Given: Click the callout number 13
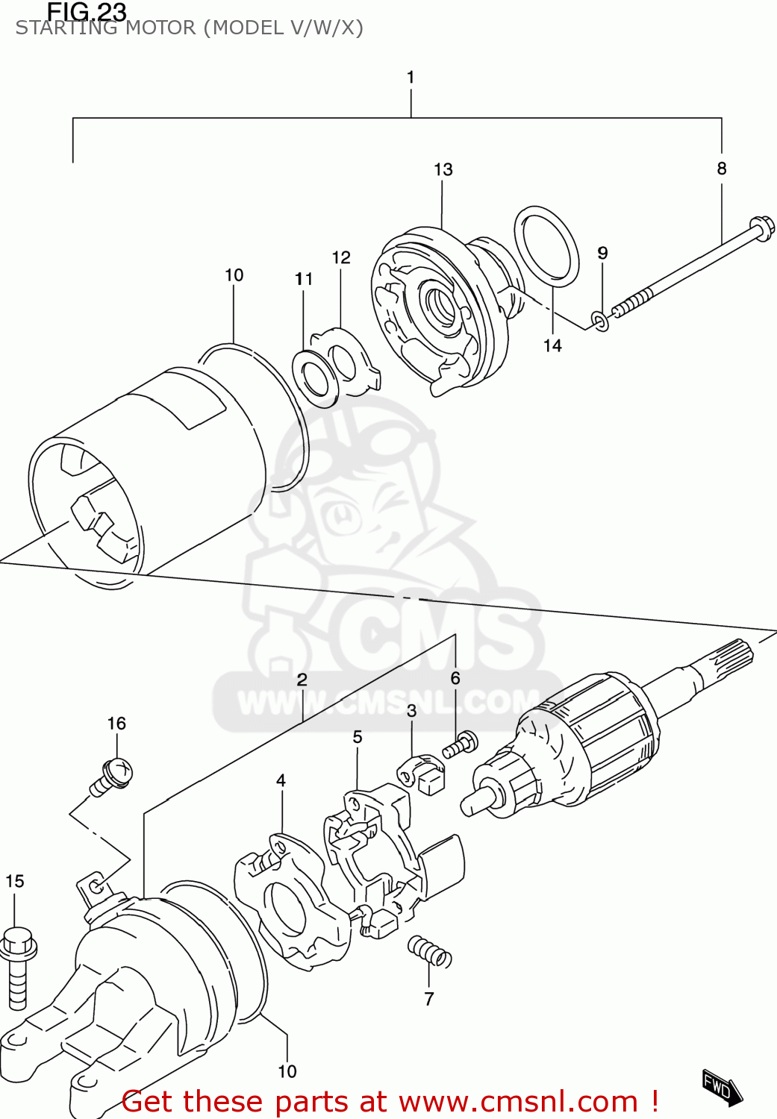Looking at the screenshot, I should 443,169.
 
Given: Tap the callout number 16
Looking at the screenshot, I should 116,723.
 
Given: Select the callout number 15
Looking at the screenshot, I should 15,881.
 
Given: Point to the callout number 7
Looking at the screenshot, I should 429,999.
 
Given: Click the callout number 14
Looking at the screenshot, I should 552,345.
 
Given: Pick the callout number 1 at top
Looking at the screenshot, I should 411,77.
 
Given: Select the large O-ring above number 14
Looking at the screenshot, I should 546,246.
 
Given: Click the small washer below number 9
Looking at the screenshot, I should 600,322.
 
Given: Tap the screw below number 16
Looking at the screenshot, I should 113,775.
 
